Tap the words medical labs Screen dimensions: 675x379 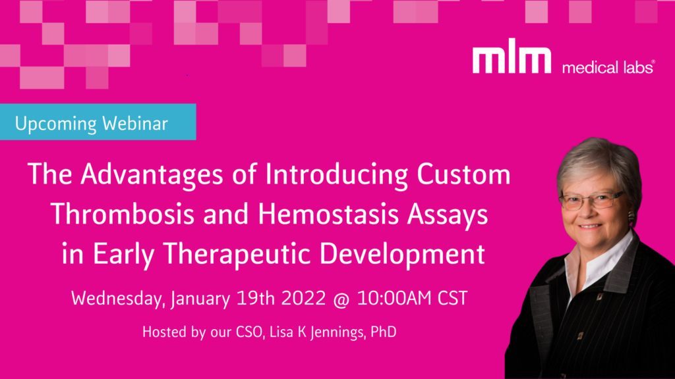pos(608,67)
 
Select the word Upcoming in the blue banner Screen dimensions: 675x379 pos(55,124)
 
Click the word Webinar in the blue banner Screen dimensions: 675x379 pos(135,123)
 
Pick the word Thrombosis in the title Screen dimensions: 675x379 pos(122,214)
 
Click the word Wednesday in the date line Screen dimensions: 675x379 pos(118,299)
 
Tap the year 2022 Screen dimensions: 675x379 pos(303,298)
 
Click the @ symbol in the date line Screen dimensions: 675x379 pos(341,299)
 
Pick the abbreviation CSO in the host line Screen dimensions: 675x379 pos(249,332)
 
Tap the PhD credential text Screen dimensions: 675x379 pos(383,332)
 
